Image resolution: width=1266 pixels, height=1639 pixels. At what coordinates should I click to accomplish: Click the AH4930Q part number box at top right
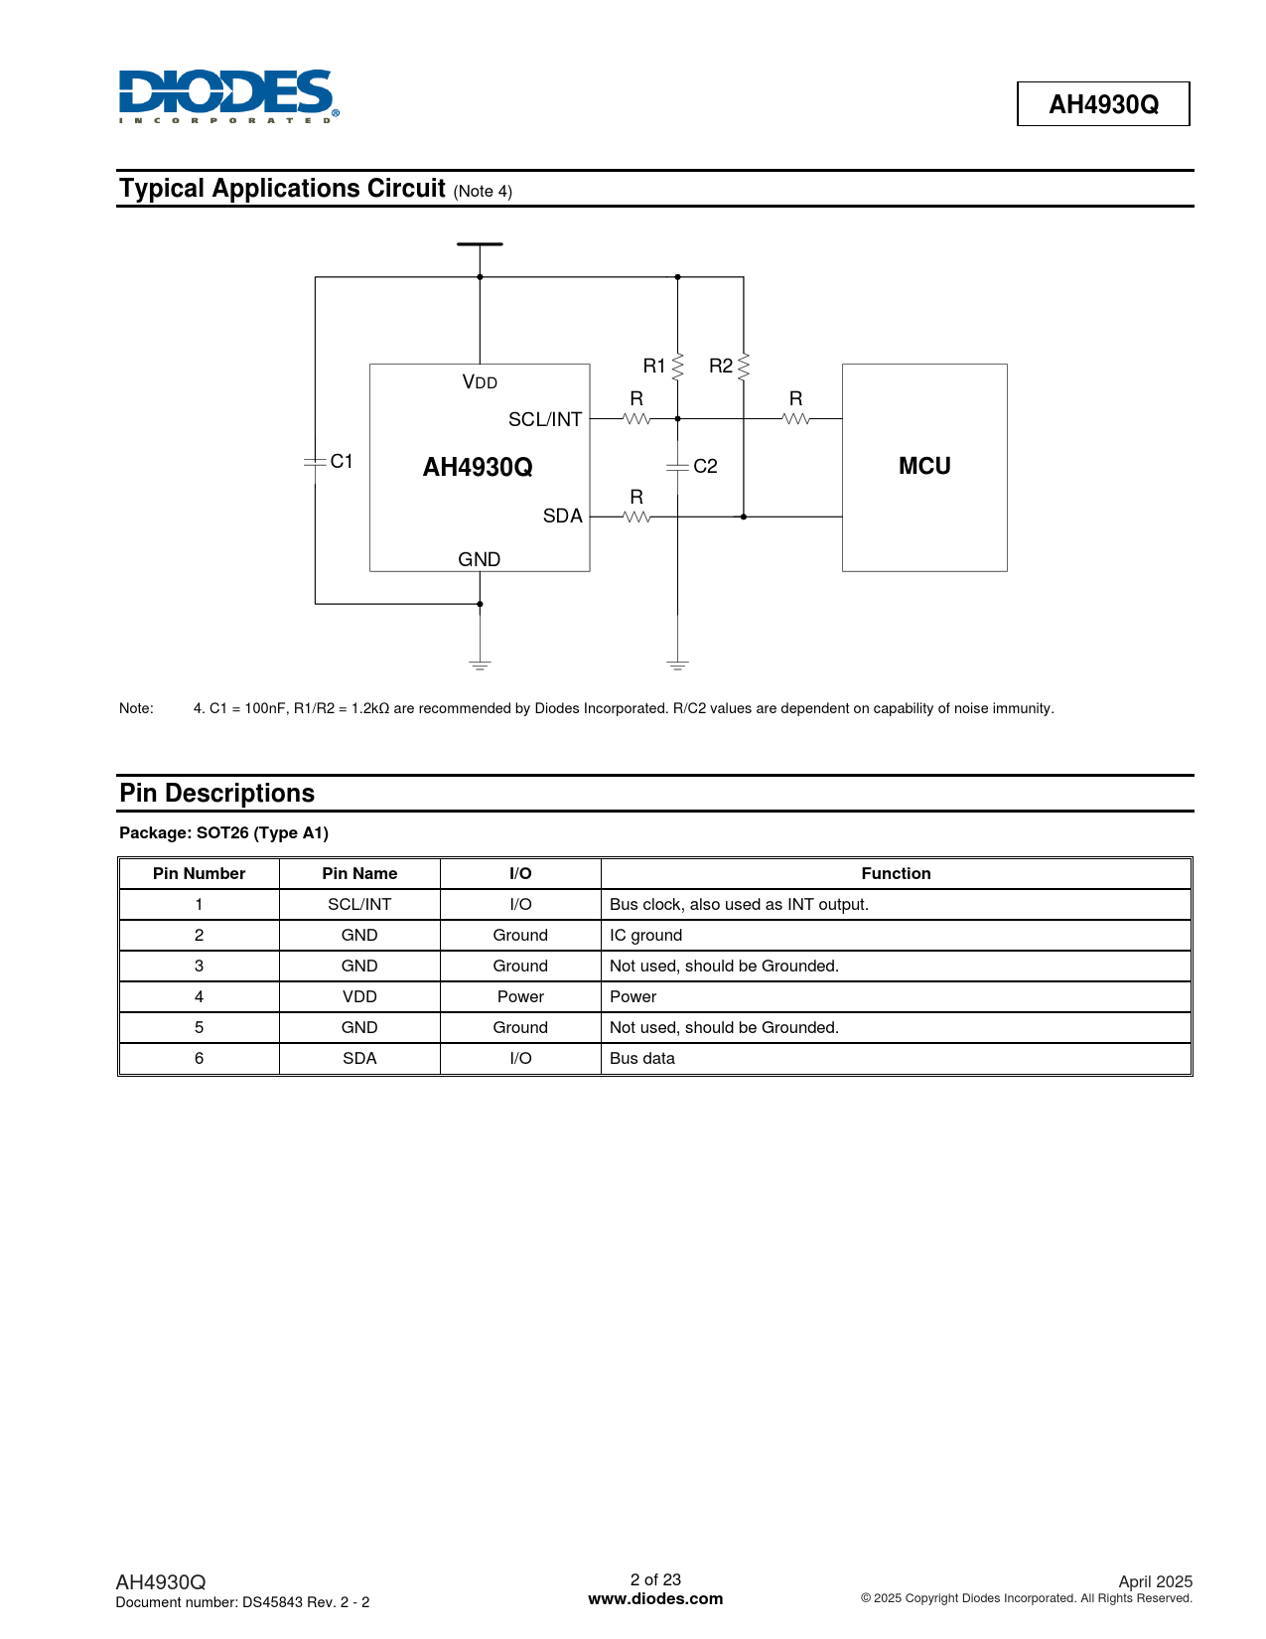[1103, 104]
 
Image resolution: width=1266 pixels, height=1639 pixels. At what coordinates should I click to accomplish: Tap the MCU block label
[924, 466]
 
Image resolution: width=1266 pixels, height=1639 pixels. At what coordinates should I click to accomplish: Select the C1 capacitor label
[342, 461]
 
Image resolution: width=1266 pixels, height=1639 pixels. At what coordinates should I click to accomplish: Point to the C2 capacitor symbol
[678, 466]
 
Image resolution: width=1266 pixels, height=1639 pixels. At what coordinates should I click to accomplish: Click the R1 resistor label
[654, 366]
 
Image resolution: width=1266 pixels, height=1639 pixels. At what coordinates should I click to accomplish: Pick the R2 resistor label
[721, 366]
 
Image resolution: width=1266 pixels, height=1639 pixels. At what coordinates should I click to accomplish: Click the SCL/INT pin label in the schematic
[545, 419]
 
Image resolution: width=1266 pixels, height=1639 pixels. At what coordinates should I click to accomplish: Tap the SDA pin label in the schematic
[562, 516]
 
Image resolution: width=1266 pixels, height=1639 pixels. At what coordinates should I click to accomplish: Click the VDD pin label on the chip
[480, 382]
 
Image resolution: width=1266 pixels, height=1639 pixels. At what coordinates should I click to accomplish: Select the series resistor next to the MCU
[796, 418]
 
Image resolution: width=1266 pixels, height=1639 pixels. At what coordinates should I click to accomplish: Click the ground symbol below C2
[678, 665]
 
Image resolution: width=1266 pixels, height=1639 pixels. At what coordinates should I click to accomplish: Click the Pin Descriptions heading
[217, 793]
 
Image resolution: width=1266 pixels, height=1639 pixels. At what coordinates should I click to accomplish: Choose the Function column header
[896, 873]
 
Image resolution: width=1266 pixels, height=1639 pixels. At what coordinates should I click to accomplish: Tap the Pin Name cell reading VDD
[359, 996]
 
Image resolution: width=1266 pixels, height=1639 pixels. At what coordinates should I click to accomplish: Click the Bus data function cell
[642, 1058]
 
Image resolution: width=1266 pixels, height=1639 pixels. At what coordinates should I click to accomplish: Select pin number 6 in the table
[199, 1058]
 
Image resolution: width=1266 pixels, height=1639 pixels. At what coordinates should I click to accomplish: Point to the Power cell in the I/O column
[520, 996]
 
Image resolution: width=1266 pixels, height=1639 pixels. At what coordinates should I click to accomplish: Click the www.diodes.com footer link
[655, 1598]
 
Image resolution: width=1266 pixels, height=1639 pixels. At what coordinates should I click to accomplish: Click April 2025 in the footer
[1155, 1581]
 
